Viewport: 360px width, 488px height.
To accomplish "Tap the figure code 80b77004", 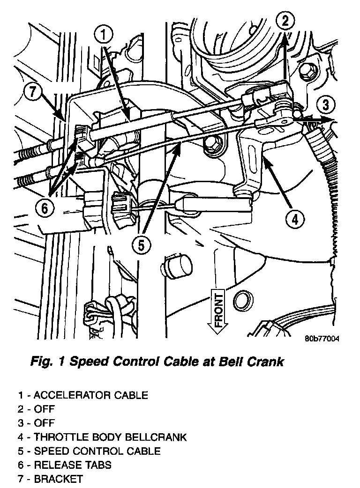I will coord(321,339).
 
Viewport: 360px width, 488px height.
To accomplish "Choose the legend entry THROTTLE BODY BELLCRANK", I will coord(102,437).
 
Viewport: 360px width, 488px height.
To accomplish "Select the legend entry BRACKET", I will coord(51,479).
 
